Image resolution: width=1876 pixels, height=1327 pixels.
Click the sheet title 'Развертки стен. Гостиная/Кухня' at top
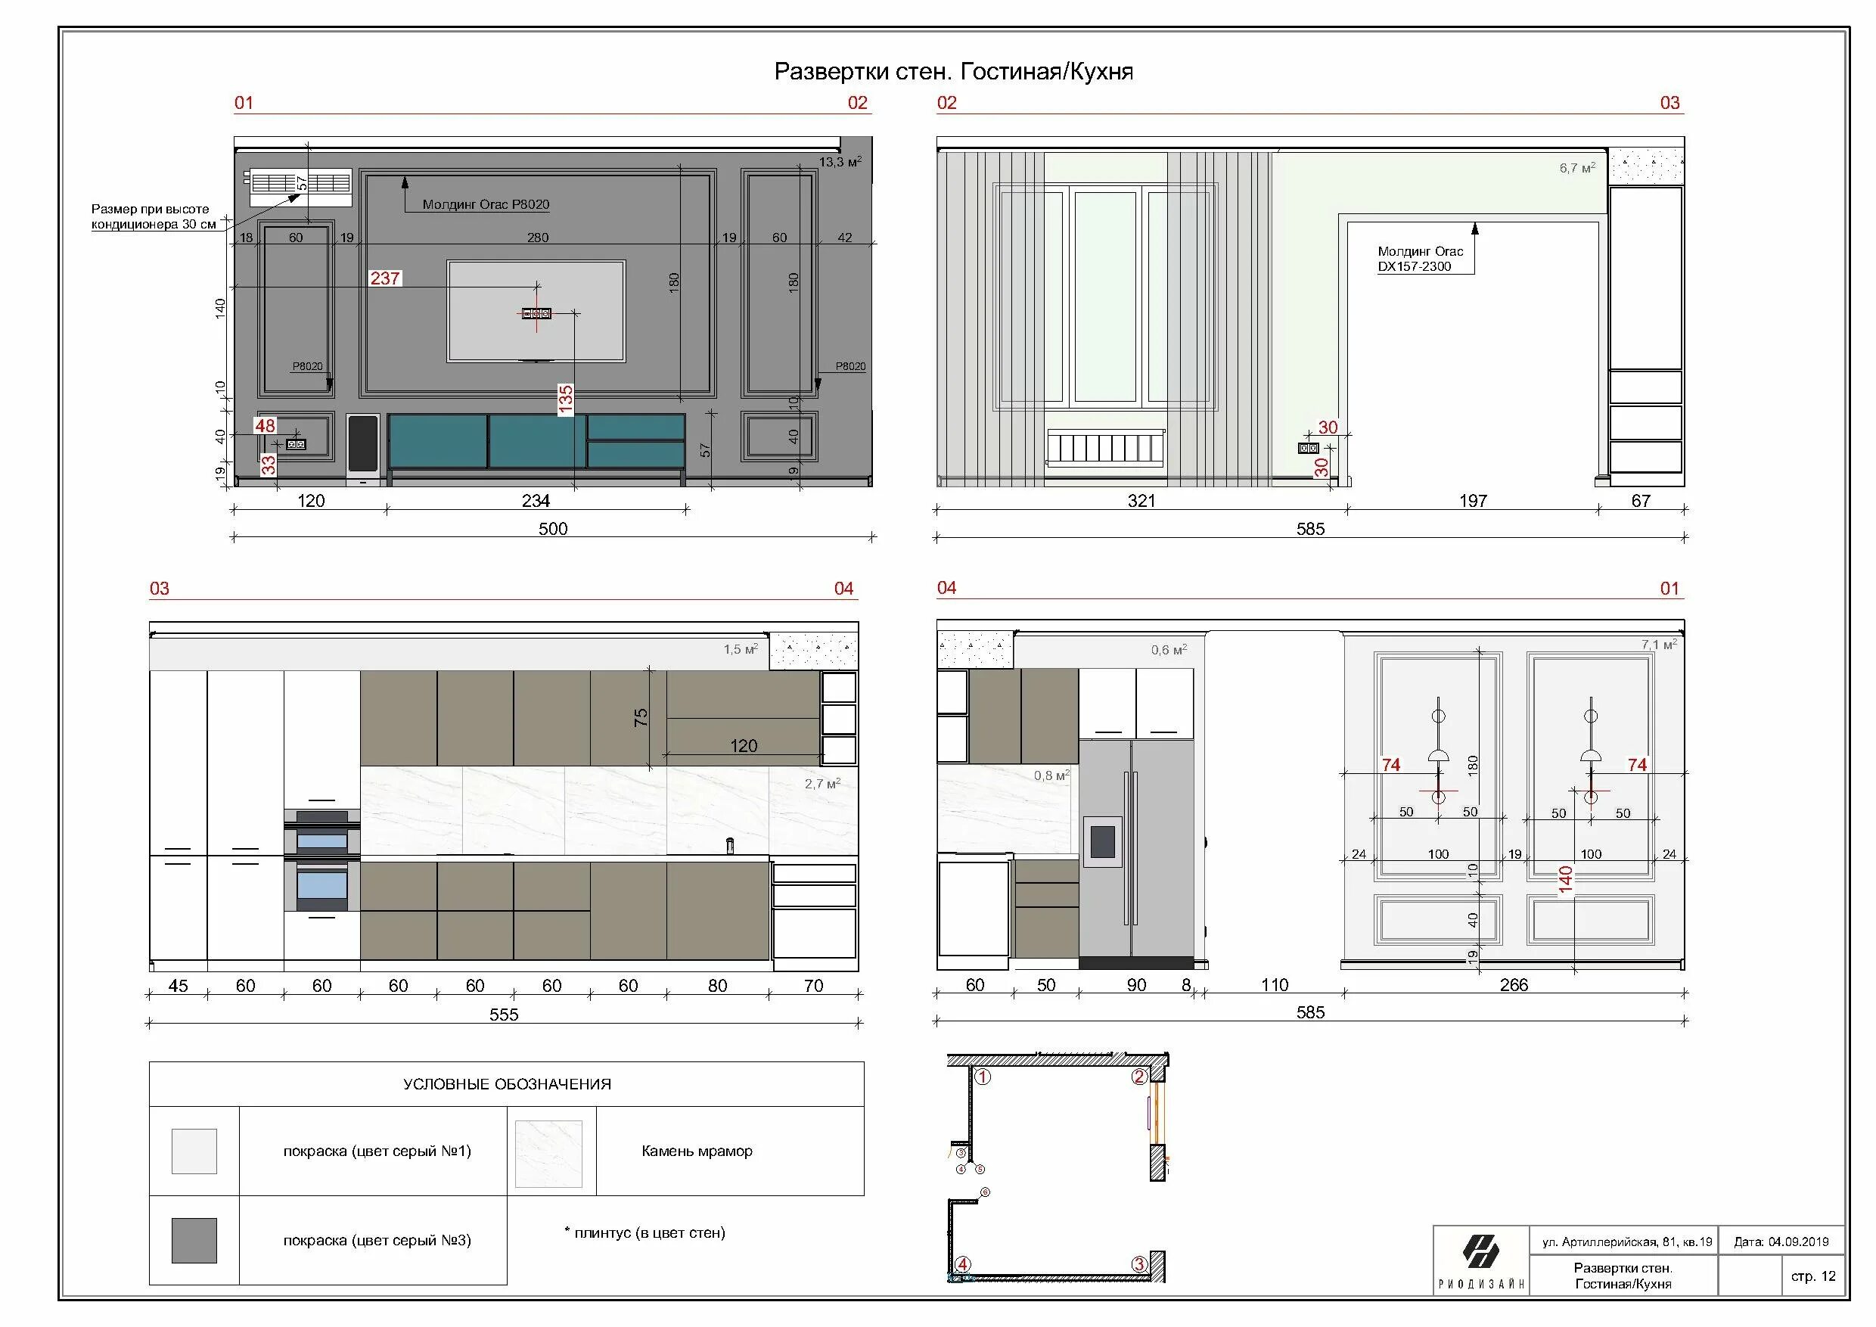(954, 72)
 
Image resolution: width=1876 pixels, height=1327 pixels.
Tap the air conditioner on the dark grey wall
(300, 187)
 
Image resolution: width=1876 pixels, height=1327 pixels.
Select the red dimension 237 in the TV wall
(385, 278)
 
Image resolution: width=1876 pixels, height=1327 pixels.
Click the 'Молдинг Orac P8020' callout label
(486, 204)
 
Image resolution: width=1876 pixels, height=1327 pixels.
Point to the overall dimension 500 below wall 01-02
(553, 529)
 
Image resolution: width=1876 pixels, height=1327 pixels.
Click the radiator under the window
(1105, 448)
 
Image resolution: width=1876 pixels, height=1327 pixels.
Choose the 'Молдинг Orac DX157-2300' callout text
(1420, 258)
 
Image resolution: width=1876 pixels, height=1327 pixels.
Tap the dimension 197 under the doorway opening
(1473, 501)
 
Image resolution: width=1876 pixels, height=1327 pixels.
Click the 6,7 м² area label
(1577, 168)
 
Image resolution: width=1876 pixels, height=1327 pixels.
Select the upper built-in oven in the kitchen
(322, 831)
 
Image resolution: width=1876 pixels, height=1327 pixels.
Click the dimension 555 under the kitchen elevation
(504, 1015)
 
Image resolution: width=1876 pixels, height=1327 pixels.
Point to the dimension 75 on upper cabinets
(641, 717)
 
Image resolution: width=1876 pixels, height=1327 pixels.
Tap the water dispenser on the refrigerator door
(1102, 841)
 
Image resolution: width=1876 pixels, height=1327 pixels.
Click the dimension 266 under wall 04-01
(1513, 986)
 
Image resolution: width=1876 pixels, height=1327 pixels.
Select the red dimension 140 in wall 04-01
(1564, 880)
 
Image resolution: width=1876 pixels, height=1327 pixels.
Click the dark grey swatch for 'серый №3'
(194, 1241)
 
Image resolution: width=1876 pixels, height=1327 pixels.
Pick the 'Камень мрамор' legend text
(697, 1151)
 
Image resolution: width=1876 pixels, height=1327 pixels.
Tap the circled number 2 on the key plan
(1139, 1077)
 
